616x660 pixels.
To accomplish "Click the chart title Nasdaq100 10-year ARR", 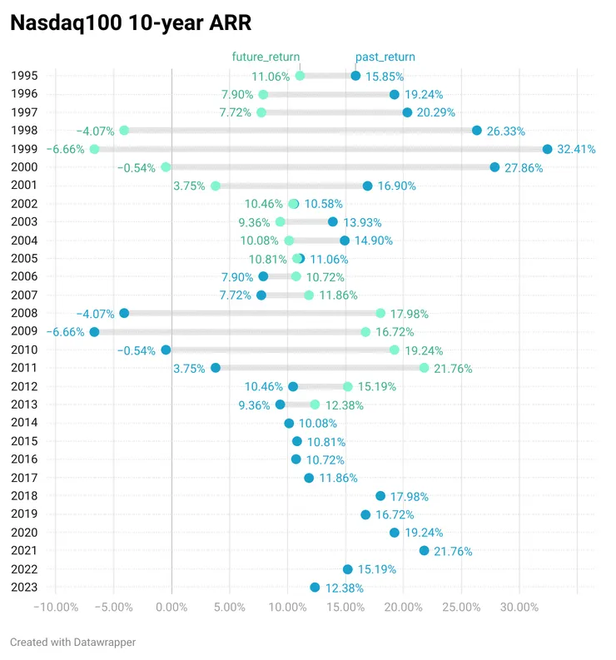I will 130,23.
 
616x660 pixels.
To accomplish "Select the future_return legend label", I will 266,57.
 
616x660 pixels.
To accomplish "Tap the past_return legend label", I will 385,57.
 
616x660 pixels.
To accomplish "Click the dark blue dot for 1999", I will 547,149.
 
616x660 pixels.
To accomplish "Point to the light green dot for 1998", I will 124,131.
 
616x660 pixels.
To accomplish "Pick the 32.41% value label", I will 576,149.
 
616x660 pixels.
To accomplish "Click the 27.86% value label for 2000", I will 524,167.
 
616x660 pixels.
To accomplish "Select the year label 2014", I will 24,423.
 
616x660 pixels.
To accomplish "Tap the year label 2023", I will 24,587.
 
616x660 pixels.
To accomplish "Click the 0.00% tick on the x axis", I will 171,607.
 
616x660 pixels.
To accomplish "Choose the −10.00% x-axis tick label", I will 55,607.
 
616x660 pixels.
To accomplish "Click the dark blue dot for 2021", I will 425,551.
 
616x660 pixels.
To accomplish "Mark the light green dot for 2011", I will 425,368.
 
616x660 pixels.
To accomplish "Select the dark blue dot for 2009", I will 94,332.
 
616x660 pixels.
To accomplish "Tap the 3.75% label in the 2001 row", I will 189,186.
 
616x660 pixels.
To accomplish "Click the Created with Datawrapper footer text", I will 72,642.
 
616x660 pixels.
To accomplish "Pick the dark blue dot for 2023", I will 315,588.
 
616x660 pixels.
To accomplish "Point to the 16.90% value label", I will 396,186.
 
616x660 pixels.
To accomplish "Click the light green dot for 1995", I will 300,76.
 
